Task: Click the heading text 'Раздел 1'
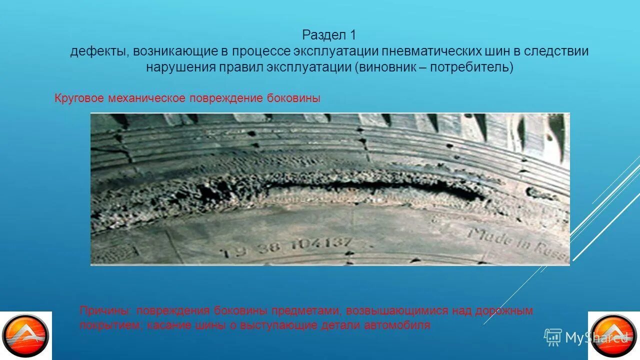pos(329,35)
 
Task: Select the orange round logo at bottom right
pos(613,335)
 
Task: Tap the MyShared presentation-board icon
pos(552,337)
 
